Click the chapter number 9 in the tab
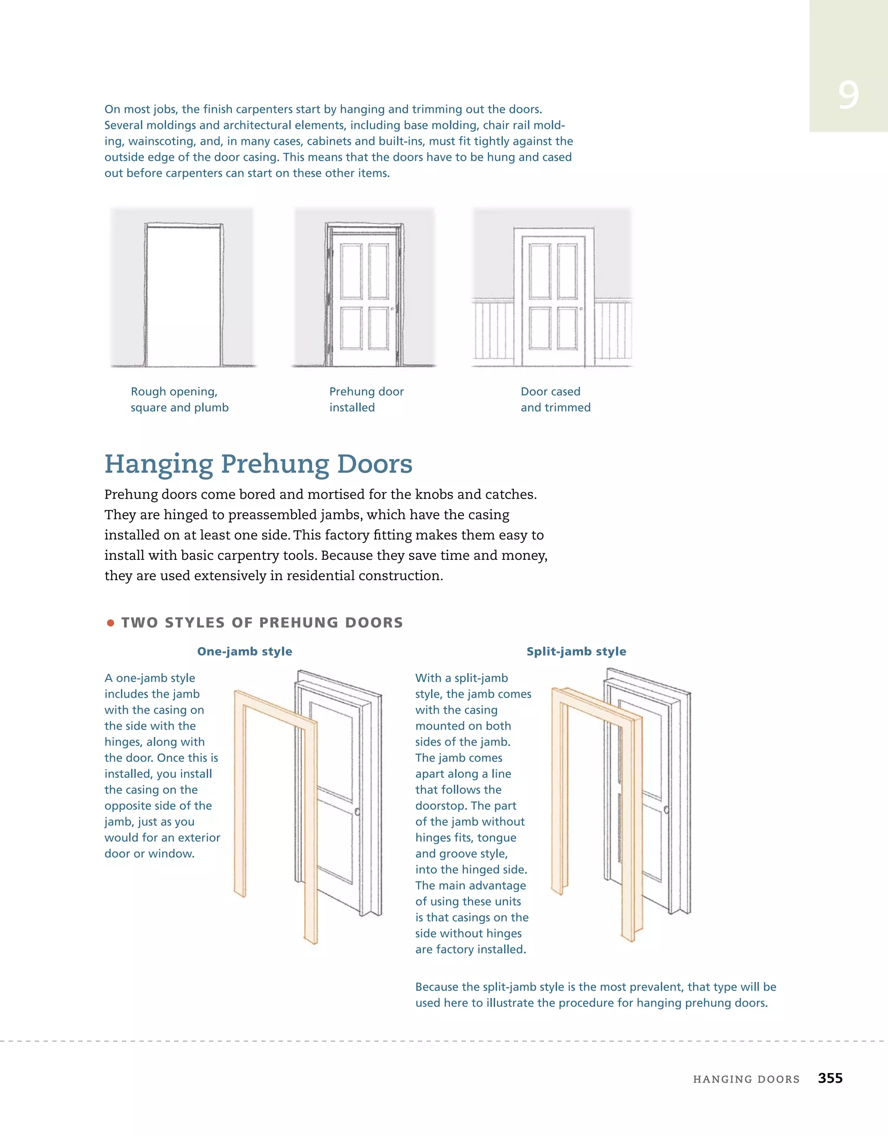848,95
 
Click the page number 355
830,1078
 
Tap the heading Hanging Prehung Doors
258,464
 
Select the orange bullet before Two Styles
110,623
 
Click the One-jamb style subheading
245,651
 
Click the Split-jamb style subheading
576,651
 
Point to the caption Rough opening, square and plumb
179,399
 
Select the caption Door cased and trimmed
555,399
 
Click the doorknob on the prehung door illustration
392,309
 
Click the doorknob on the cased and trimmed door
581,309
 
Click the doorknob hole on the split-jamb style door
666,810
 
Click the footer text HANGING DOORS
746,1079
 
